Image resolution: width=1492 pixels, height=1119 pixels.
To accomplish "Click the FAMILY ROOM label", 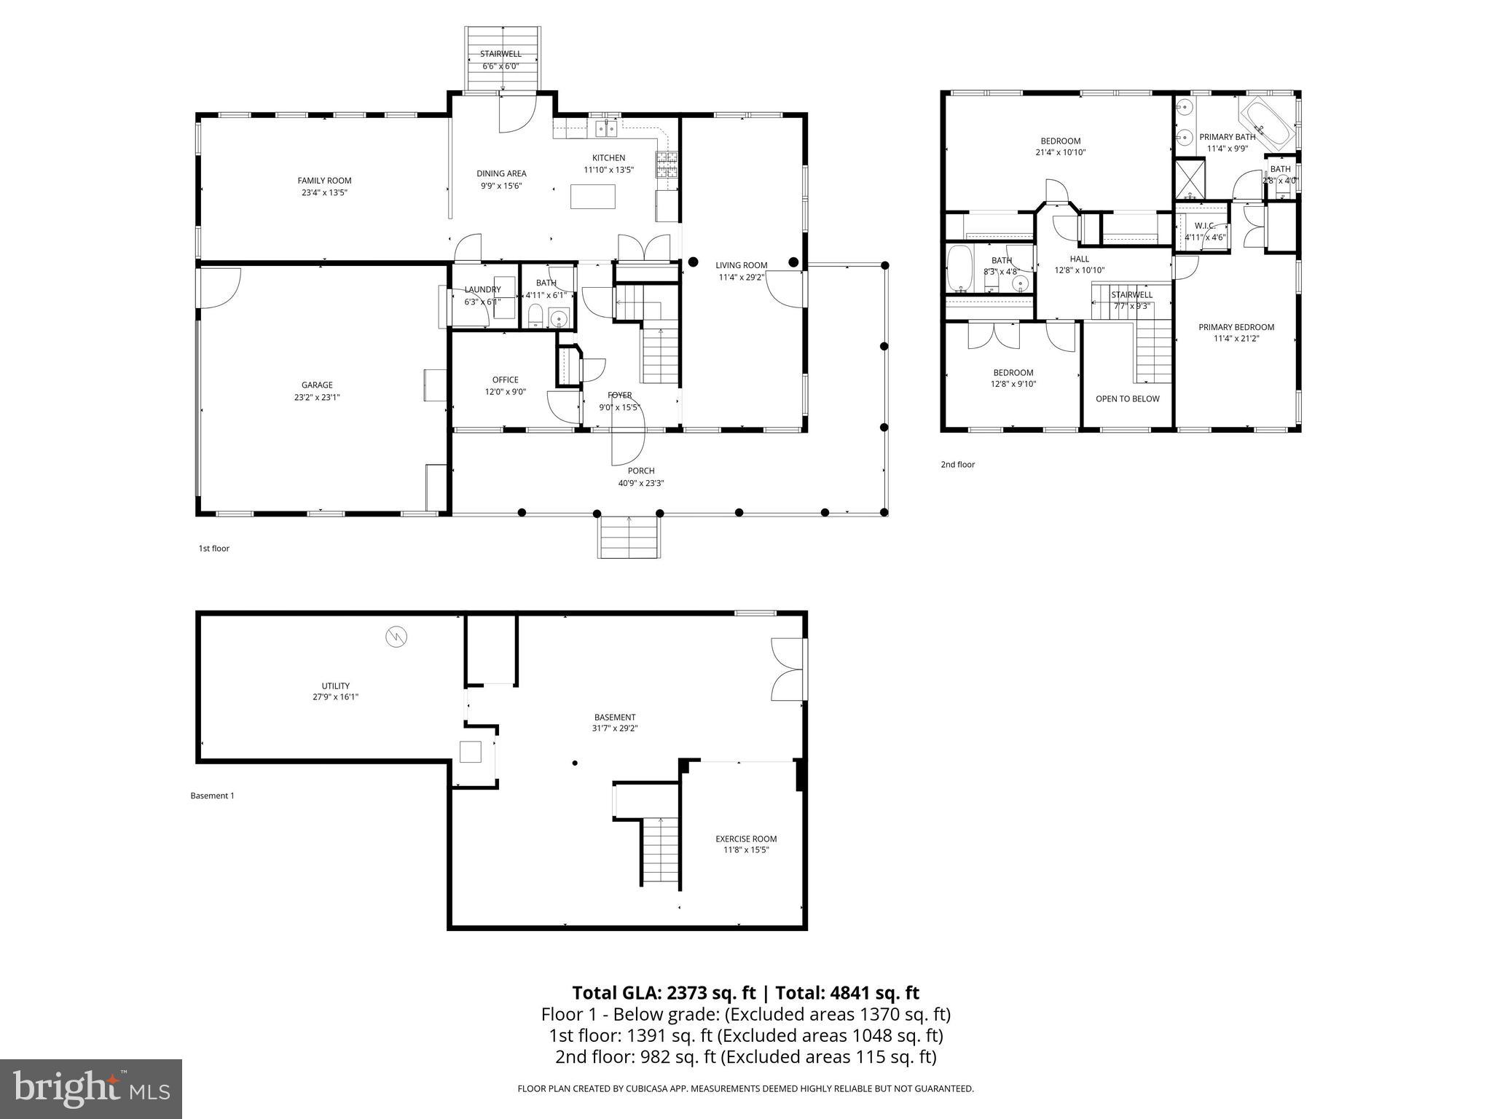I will (324, 181).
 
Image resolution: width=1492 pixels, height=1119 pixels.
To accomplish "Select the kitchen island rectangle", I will (592, 197).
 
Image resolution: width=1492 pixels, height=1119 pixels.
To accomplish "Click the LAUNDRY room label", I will (482, 289).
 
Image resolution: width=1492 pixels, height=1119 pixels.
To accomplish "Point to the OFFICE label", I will (505, 380).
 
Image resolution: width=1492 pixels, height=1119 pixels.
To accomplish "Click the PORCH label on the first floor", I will (641, 471).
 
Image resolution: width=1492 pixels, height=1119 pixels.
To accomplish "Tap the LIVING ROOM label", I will (741, 265).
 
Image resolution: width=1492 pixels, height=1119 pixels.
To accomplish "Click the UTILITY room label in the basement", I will (335, 686).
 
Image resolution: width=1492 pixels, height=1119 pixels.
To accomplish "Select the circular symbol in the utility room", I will (396, 637).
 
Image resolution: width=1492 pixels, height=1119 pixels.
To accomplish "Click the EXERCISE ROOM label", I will (745, 839).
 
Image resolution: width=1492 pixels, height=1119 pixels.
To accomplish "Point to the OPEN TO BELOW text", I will (1127, 398).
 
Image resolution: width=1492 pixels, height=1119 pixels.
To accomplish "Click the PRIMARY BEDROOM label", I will (1236, 327).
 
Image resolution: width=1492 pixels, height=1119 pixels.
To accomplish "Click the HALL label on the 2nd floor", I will (1079, 259).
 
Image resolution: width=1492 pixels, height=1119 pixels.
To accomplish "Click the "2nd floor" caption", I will (957, 464).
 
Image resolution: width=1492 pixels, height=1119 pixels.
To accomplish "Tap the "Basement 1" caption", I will (212, 796).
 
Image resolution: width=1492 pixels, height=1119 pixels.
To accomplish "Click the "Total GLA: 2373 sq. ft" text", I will (664, 993).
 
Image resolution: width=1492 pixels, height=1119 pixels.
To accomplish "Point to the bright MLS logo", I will (91, 1088).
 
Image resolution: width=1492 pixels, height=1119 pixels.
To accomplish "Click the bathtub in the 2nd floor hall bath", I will (959, 267).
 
